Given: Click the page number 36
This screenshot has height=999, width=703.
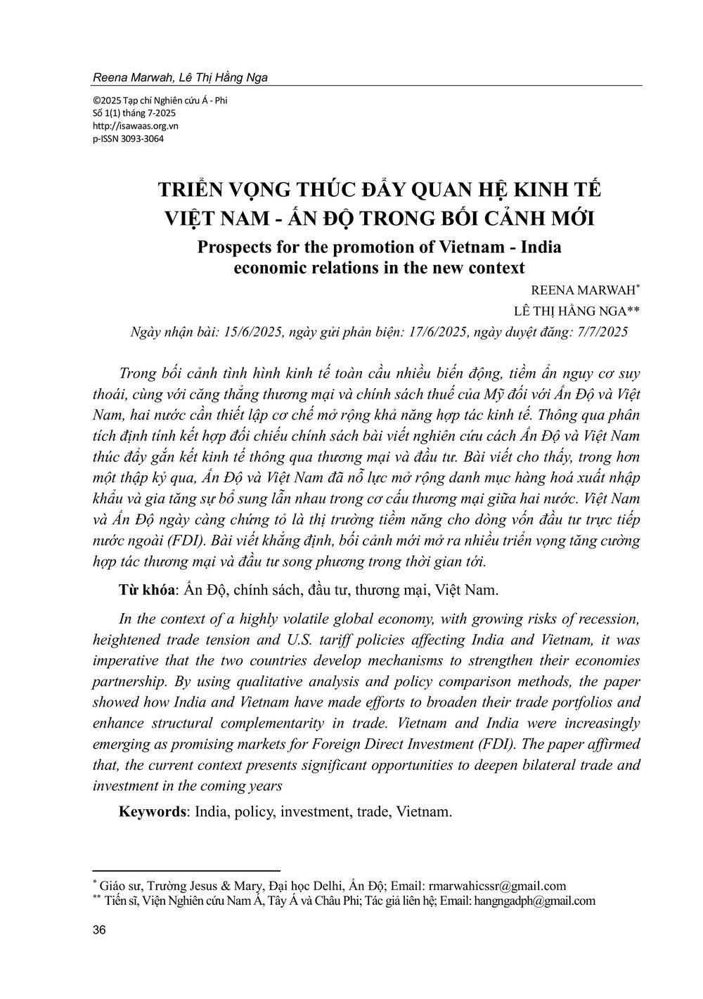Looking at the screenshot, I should (x=99, y=931).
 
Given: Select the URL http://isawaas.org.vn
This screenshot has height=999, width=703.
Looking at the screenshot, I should (x=136, y=126).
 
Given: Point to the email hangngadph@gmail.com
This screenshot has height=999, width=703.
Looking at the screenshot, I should (x=535, y=900).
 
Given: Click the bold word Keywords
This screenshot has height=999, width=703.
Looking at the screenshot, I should (x=152, y=811).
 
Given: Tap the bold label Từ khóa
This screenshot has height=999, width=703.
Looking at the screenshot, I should (x=146, y=590).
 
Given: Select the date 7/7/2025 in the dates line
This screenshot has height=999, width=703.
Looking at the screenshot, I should (x=600, y=332).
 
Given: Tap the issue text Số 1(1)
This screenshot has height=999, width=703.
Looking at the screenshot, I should (x=110, y=113).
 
